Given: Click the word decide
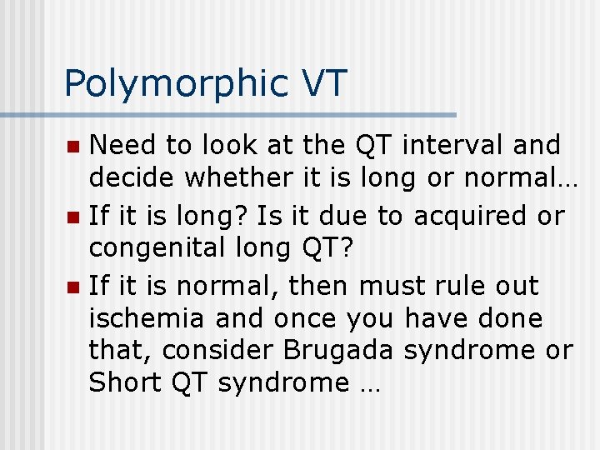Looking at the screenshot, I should [132, 177].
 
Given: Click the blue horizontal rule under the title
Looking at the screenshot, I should [228, 114].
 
